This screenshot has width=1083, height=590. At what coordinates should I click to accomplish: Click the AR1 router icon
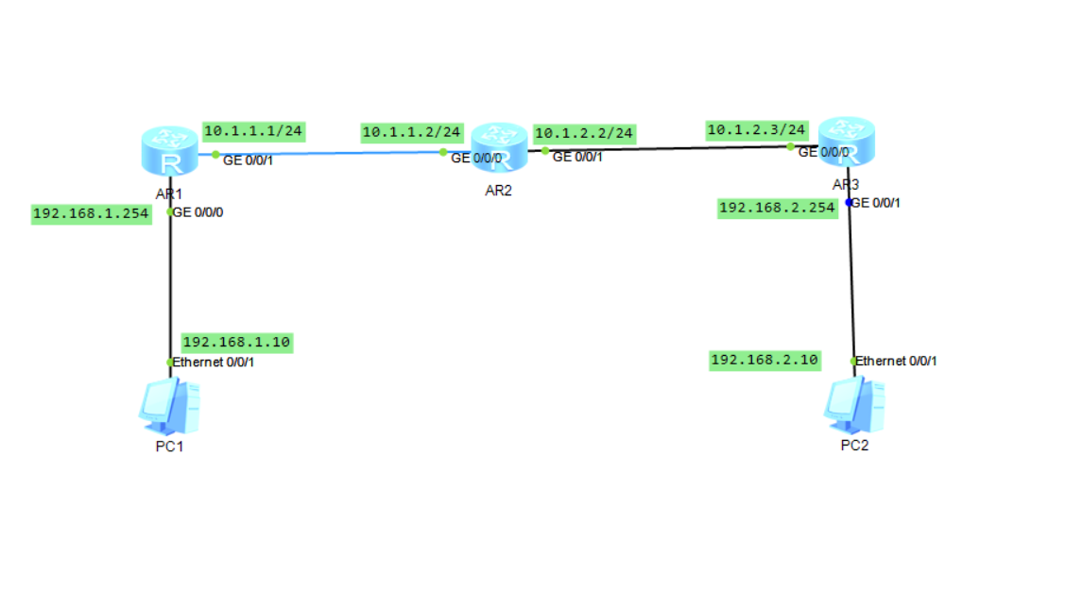(x=170, y=150)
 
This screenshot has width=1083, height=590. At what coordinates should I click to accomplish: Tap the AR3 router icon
(x=847, y=142)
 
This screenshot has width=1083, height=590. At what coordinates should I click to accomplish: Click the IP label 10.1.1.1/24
(x=253, y=131)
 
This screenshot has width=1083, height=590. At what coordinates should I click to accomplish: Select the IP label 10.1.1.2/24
(x=411, y=133)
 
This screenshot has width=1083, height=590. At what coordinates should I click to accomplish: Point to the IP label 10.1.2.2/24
(x=583, y=133)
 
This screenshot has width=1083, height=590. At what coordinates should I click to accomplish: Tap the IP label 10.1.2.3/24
(x=756, y=128)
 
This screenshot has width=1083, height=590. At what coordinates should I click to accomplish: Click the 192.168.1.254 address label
(x=91, y=213)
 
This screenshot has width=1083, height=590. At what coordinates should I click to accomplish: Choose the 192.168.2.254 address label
(x=778, y=208)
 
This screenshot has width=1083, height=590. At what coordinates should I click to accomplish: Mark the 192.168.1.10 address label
(x=236, y=342)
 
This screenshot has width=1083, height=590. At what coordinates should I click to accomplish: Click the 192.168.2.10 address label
(x=765, y=360)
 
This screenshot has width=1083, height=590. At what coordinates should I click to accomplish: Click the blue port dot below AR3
(x=850, y=202)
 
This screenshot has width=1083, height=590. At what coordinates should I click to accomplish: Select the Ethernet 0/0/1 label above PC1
(x=214, y=362)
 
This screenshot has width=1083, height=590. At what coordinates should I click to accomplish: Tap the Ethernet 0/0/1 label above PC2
(x=897, y=361)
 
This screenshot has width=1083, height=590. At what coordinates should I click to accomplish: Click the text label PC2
(x=854, y=446)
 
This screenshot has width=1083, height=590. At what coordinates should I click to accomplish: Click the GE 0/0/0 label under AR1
(x=198, y=212)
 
